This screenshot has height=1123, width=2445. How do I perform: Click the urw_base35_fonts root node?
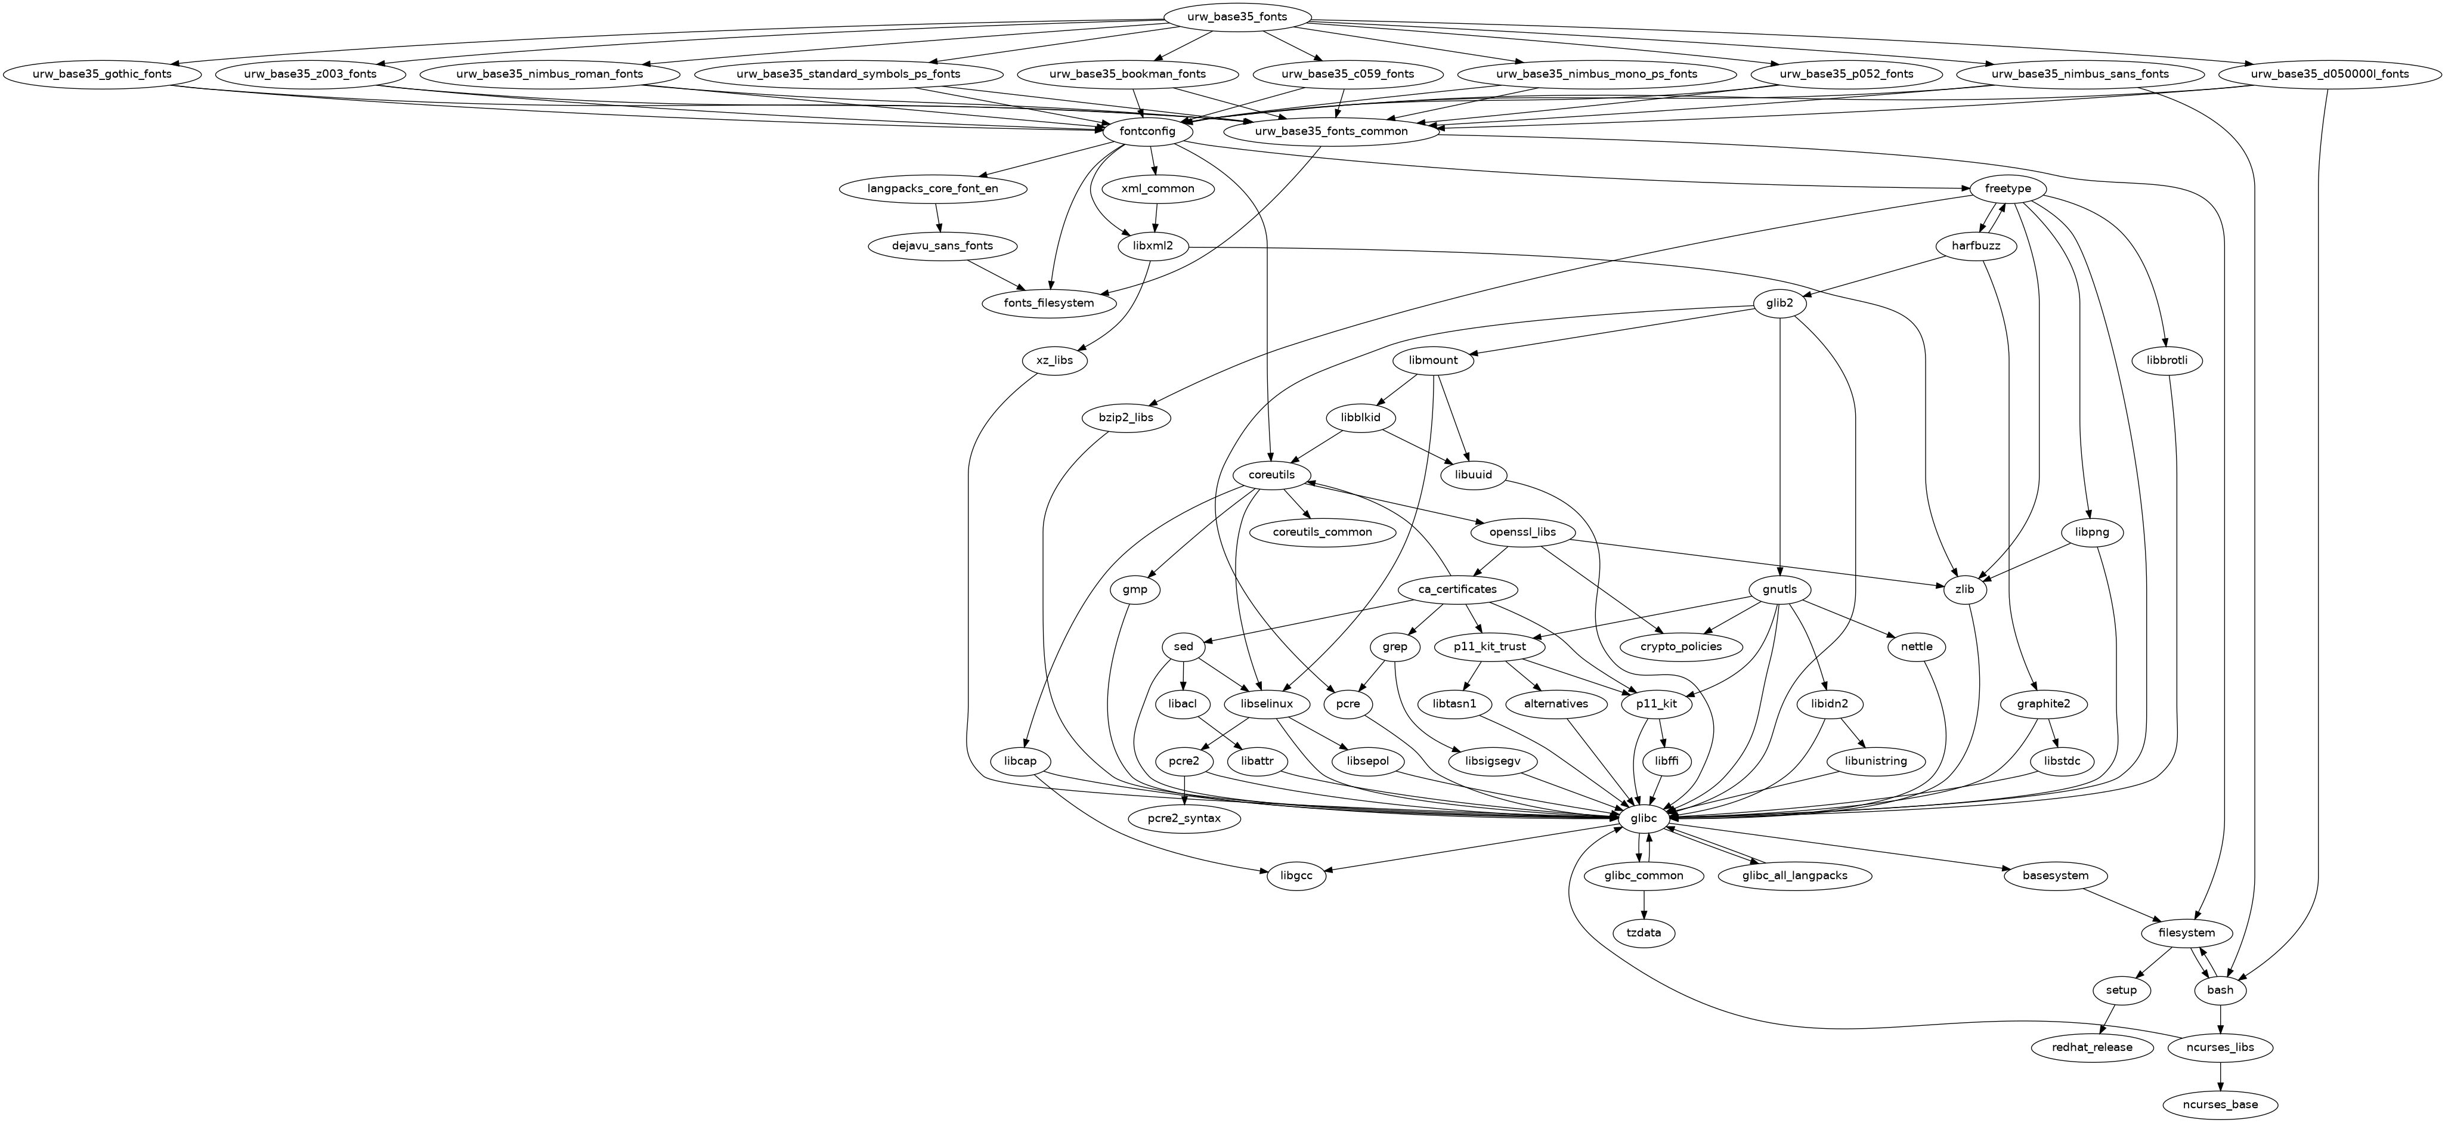pyautogui.click(x=1237, y=16)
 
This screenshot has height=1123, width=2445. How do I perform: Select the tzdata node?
pyautogui.click(x=1644, y=933)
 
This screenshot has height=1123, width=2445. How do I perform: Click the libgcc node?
pyautogui.click(x=1296, y=875)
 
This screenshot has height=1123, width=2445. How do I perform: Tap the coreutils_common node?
pyautogui.click(x=1322, y=531)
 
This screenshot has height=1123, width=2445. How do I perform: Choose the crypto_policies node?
pyautogui.click(x=1681, y=646)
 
